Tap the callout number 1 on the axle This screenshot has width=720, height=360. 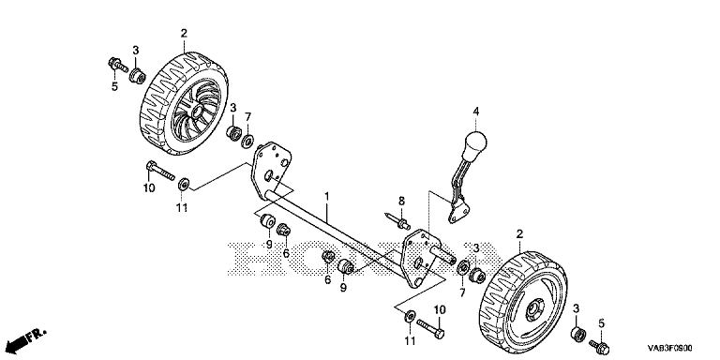(327, 196)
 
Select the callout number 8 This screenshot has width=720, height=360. (402, 201)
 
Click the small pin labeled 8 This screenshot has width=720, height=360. (397, 220)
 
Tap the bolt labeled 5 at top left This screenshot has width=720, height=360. (118, 66)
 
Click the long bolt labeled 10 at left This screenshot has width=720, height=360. (160, 170)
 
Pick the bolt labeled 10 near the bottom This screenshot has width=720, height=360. (430, 328)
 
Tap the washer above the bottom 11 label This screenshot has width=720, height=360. (409, 316)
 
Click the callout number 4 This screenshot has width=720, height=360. (476, 112)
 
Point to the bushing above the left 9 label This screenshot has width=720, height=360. (267, 221)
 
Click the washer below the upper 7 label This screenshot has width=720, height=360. (248, 141)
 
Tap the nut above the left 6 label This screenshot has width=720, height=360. (283, 228)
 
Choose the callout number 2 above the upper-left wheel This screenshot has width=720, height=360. (184, 33)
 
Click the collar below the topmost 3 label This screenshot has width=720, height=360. (138, 75)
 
